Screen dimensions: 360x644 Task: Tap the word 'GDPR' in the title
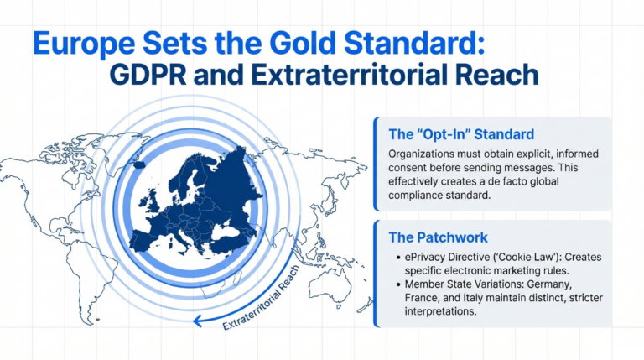tap(151, 75)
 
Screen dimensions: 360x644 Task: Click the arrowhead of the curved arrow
tap(197, 319)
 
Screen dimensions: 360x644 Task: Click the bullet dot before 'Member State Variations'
tap(394, 285)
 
